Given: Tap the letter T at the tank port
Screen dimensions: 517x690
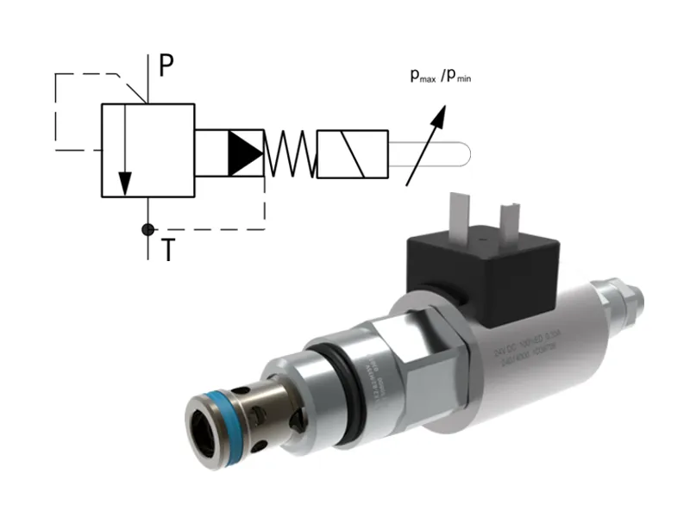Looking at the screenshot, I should (x=168, y=250).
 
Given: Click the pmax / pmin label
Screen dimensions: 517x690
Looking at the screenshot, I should (x=440, y=76).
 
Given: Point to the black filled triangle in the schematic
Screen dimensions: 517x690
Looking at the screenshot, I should (x=243, y=153).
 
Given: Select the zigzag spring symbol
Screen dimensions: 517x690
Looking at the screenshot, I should (x=290, y=154).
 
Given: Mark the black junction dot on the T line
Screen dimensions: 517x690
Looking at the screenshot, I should (x=147, y=229).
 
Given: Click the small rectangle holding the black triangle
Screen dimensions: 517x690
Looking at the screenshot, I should (x=229, y=153).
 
